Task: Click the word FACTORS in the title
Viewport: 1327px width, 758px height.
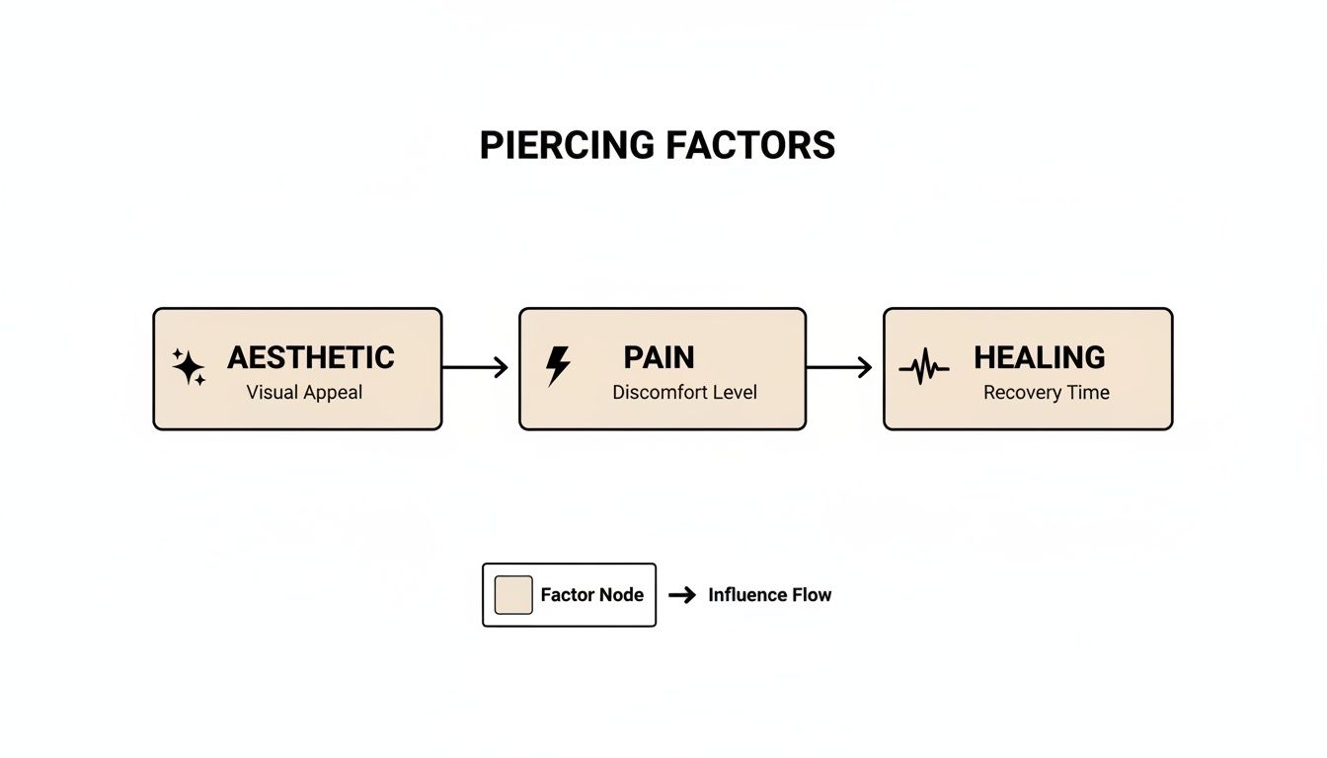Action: pos(750,145)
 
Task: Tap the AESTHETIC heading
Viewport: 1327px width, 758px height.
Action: pos(311,357)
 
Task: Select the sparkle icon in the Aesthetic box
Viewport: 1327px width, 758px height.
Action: pos(189,367)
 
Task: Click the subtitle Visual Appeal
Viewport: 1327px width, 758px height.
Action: pos(304,392)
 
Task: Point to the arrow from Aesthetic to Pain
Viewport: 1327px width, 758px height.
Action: pos(475,367)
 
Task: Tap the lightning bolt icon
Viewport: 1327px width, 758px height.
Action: pos(558,366)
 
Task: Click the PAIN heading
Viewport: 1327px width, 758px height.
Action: pos(659,357)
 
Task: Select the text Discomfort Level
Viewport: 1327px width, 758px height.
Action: pos(684,392)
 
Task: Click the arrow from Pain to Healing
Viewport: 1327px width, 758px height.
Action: pos(839,367)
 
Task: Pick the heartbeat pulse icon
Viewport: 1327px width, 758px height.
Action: pos(923,369)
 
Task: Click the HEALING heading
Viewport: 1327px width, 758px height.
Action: pos(1039,357)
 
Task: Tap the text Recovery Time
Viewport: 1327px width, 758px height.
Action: pos(1047,392)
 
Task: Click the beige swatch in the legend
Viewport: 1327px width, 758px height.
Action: pos(513,595)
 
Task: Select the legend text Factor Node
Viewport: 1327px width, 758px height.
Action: pos(591,595)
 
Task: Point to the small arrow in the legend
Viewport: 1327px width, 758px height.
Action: pos(682,595)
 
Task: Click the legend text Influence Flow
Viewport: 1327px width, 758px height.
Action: pos(769,595)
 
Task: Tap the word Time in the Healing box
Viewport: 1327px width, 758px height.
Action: pos(1088,392)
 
